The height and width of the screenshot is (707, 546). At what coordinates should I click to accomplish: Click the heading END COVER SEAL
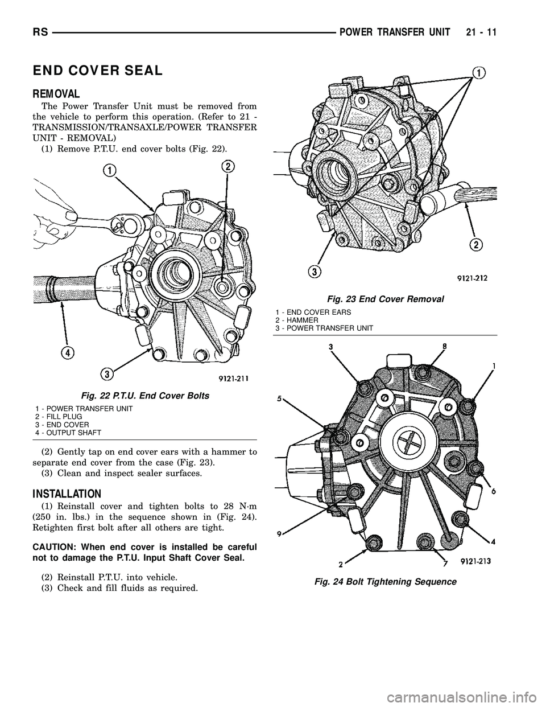(98, 71)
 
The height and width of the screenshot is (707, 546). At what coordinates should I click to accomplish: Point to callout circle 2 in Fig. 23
(475, 245)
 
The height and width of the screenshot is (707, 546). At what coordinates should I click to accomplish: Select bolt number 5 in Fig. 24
(280, 398)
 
